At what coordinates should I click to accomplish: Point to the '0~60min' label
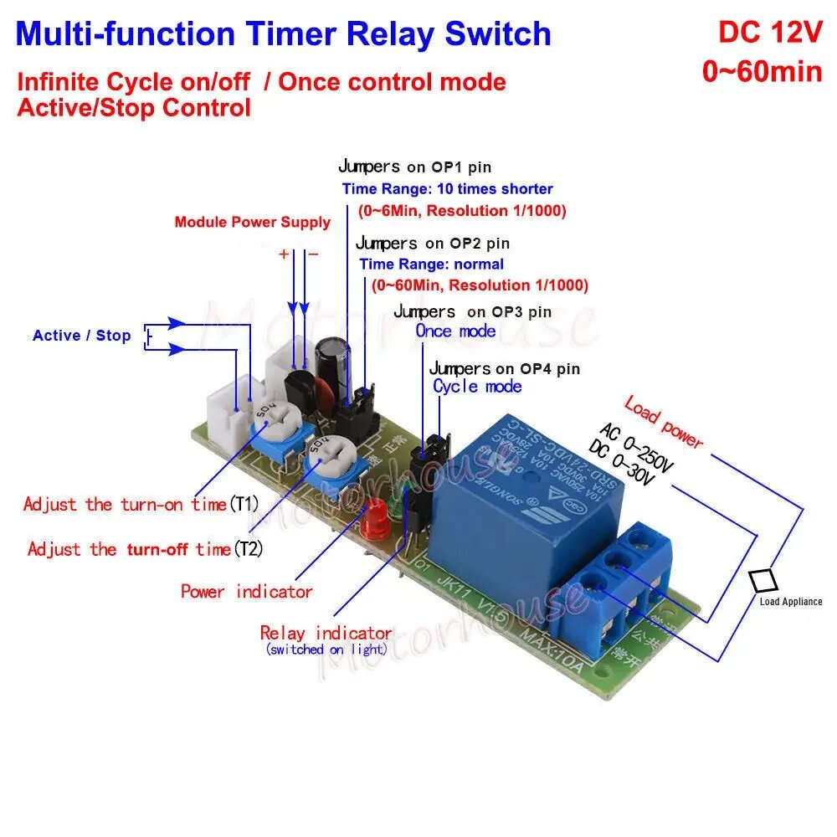(x=762, y=71)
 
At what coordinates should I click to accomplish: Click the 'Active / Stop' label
(x=82, y=336)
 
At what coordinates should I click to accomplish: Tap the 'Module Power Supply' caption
(x=252, y=223)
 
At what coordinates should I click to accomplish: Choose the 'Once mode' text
(x=456, y=331)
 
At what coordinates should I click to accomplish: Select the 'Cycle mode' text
(x=477, y=386)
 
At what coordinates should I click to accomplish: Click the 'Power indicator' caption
(x=247, y=592)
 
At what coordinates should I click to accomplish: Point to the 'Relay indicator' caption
(x=326, y=633)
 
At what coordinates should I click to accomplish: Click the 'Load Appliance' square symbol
(x=763, y=581)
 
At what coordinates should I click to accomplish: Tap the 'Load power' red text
(x=664, y=422)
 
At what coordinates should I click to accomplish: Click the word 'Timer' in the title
(x=293, y=34)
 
